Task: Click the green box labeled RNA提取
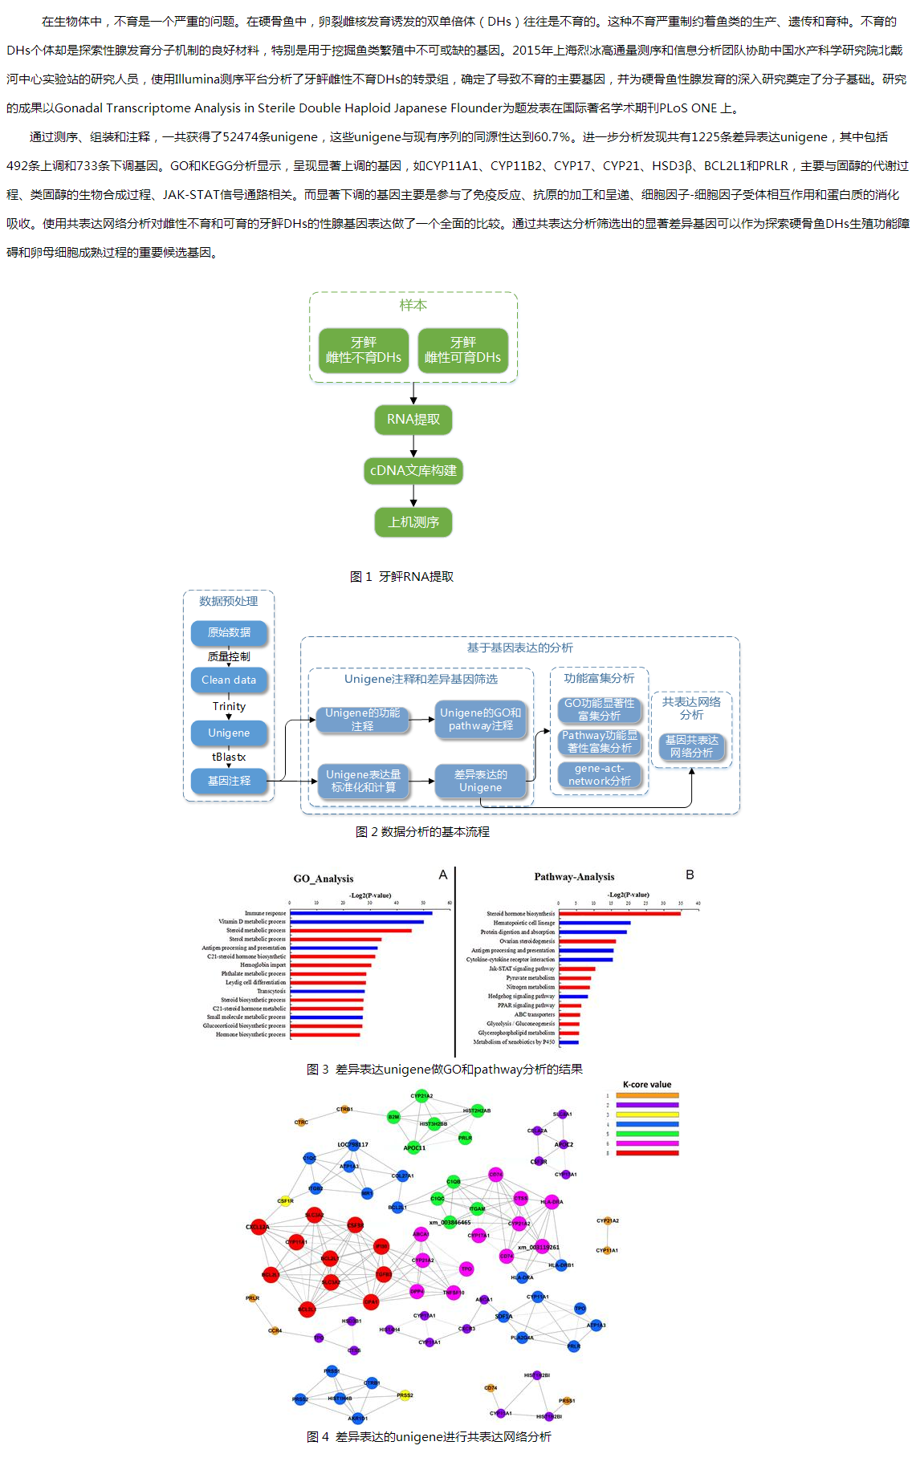[x=413, y=420]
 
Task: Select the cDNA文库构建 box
[x=413, y=471]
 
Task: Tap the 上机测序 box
[x=413, y=522]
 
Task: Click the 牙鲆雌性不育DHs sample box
[x=364, y=351]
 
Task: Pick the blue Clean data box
[x=229, y=680]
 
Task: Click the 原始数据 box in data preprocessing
[x=229, y=633]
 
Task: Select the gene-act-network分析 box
[x=600, y=775]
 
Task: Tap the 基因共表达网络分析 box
[x=691, y=747]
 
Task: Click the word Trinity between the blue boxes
[x=229, y=707]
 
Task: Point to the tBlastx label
[x=229, y=757]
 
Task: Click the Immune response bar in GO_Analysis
[x=360, y=913]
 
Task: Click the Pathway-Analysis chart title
[x=574, y=877]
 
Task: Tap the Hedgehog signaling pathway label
[x=521, y=997]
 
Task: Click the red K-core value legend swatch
[x=647, y=1153]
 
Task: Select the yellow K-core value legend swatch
[x=647, y=1115]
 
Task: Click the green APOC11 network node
[x=413, y=1147]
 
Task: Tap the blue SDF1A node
[x=503, y=1316]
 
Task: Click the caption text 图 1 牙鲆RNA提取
[x=401, y=577]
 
